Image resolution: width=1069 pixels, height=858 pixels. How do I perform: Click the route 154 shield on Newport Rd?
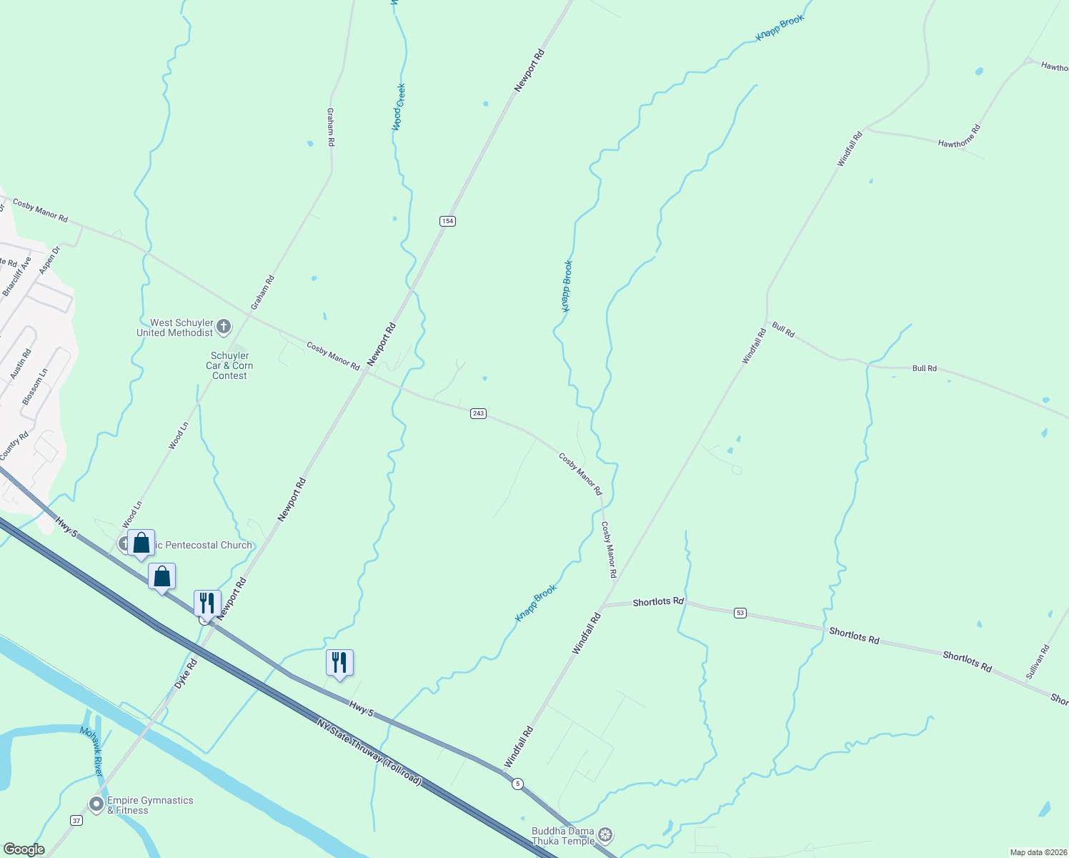click(x=447, y=221)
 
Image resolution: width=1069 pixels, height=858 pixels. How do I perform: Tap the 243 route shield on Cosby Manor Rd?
click(x=478, y=413)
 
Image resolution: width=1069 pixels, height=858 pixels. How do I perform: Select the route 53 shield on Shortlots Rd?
click(x=740, y=613)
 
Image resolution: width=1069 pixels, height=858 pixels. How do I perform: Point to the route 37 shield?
click(x=76, y=820)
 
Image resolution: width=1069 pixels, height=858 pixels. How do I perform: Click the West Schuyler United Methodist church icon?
click(x=224, y=327)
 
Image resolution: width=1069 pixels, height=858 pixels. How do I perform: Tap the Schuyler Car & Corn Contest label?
click(x=229, y=365)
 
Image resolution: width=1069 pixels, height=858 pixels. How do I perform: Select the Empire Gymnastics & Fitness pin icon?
click(x=96, y=804)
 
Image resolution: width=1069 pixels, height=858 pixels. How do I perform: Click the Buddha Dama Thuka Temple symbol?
click(x=605, y=834)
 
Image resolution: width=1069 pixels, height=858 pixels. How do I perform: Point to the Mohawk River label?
click(x=92, y=751)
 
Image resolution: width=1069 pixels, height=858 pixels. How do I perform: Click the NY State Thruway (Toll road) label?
click(x=369, y=752)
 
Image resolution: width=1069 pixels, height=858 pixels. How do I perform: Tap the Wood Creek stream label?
click(x=399, y=107)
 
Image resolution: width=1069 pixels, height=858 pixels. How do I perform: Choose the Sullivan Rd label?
click(x=1038, y=662)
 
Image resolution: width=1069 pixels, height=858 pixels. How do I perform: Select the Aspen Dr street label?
click(x=49, y=260)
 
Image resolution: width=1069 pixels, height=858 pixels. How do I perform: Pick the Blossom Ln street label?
click(x=35, y=387)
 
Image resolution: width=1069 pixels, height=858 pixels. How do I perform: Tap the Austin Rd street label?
click(x=21, y=363)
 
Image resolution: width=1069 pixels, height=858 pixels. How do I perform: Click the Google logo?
click(x=24, y=849)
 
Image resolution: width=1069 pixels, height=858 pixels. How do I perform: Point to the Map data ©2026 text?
click(x=1037, y=852)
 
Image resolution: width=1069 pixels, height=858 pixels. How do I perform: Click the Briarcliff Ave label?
click(x=17, y=277)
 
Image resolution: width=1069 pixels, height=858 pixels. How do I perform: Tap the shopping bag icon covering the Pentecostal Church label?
click(x=141, y=543)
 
